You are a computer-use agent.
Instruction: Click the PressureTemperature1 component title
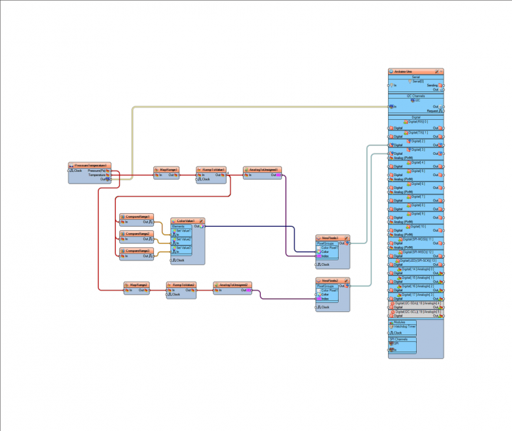(x=90, y=165)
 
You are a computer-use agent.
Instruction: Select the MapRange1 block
(x=166, y=169)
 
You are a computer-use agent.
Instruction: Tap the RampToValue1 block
(x=211, y=169)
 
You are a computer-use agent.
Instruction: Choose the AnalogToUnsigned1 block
(x=262, y=169)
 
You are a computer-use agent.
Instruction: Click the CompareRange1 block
(x=137, y=217)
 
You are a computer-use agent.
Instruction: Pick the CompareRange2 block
(x=137, y=234)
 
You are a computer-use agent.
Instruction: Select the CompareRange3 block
(x=137, y=251)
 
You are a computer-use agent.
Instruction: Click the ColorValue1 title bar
(x=187, y=221)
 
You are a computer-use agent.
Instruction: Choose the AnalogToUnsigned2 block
(x=232, y=284)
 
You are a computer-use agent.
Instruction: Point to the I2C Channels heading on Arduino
(x=415, y=96)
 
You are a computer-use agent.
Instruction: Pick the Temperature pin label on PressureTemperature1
(x=97, y=175)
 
